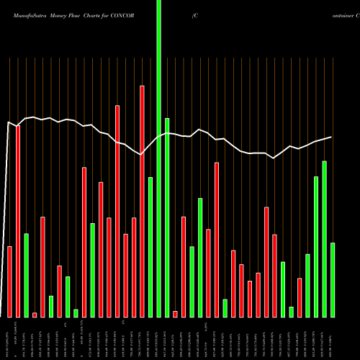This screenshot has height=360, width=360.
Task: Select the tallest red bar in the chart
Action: click(143, 201)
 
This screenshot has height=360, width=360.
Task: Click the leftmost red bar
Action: click(10, 282)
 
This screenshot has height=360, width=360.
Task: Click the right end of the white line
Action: click(331, 137)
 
